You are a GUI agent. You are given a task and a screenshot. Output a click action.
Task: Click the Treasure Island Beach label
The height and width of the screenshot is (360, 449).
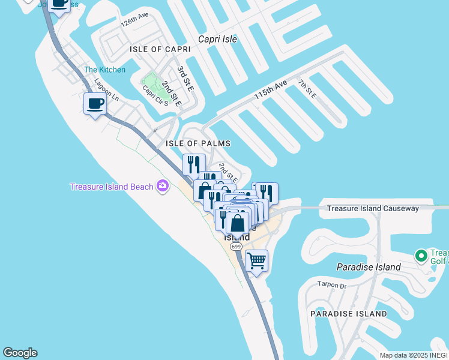112,187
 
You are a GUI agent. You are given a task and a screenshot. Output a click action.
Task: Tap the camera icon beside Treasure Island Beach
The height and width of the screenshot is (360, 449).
162,187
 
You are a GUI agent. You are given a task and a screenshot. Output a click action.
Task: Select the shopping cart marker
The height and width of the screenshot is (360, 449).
256,261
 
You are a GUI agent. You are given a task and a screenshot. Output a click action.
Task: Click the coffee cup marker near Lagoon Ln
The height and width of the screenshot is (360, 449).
95,104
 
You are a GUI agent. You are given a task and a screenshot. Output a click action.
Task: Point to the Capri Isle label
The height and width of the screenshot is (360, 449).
218,39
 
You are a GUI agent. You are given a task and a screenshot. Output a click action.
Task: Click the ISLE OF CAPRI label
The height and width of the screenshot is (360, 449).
155,49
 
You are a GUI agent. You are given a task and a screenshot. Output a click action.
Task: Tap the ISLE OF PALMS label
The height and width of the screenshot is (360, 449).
197,144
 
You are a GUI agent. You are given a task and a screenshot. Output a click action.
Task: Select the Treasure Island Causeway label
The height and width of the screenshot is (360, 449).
373,209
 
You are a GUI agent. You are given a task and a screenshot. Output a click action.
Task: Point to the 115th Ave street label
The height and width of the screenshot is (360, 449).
271,89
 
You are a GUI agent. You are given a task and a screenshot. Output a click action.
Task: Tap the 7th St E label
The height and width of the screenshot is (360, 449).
306,88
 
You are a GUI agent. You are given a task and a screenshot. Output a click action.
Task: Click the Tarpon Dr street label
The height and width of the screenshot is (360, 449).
333,286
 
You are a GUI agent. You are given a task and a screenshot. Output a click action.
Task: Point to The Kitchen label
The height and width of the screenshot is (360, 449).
105,70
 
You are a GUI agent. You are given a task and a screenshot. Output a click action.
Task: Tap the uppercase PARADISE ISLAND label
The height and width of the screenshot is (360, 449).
349,314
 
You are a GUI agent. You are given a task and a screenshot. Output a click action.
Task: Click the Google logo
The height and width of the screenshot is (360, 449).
20,353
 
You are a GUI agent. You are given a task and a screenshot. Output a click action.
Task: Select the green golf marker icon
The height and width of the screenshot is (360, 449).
421,256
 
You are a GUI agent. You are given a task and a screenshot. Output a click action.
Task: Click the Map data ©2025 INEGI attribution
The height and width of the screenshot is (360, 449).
413,355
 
